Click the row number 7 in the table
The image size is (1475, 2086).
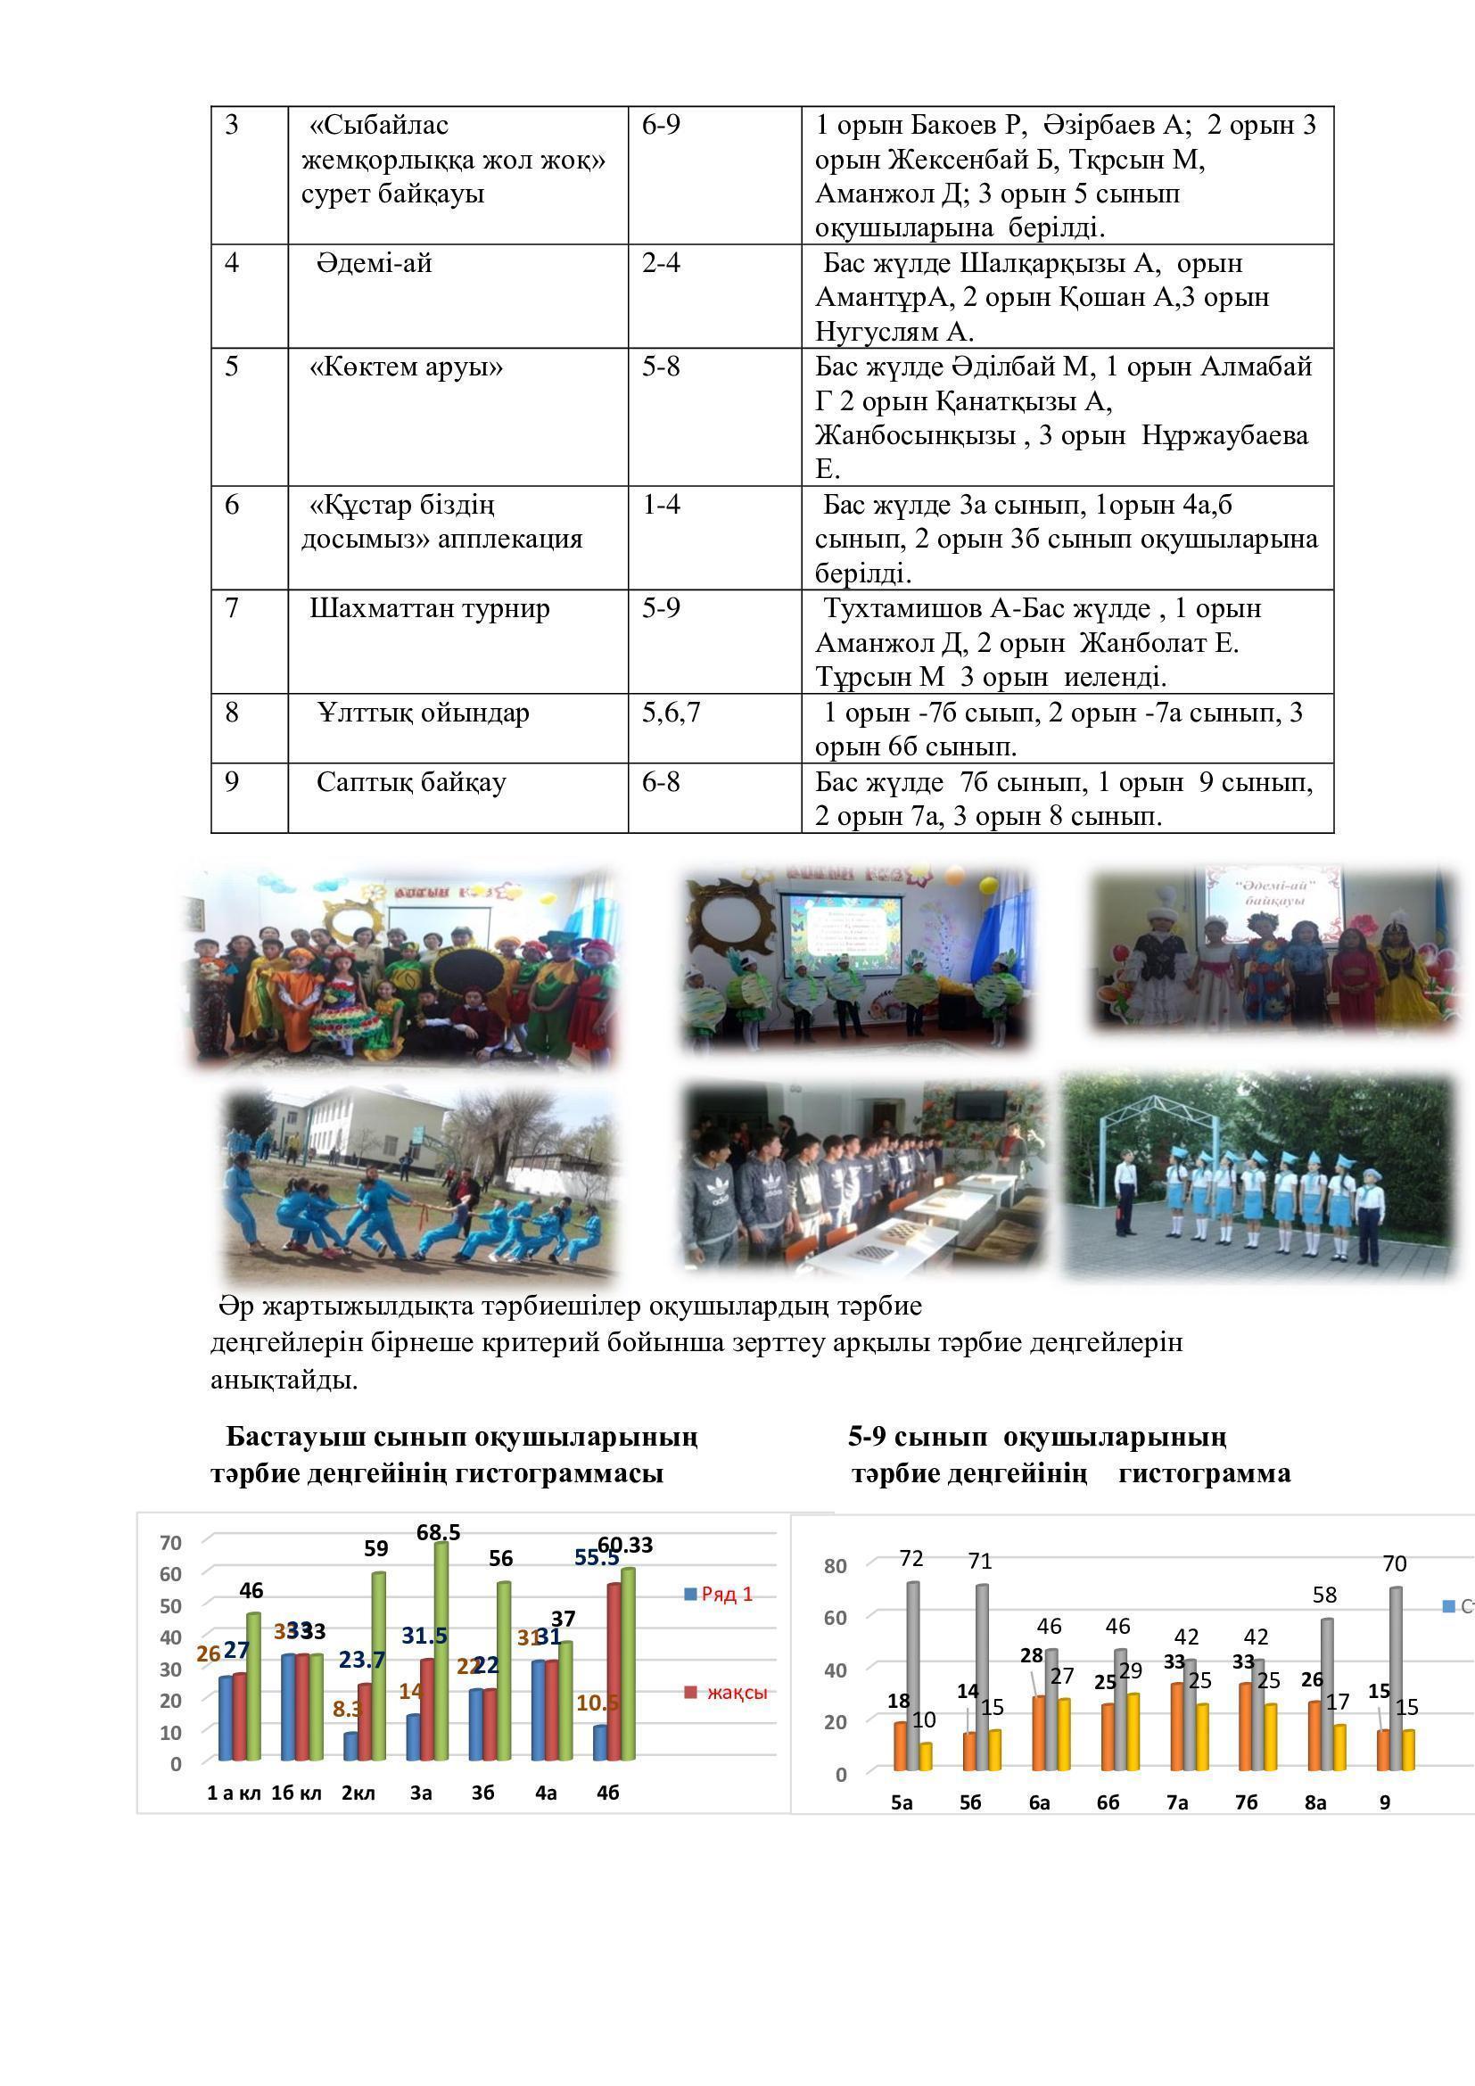point(232,608)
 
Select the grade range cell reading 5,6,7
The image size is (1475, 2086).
point(672,713)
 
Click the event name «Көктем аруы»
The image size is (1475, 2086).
point(406,367)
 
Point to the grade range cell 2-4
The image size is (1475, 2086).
point(660,263)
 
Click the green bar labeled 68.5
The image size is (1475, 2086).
point(441,1651)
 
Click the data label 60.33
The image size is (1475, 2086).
point(625,1546)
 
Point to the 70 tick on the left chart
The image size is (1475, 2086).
point(170,1543)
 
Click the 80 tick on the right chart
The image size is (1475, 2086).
point(835,1566)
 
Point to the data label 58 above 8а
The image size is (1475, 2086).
point(1325,1595)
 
